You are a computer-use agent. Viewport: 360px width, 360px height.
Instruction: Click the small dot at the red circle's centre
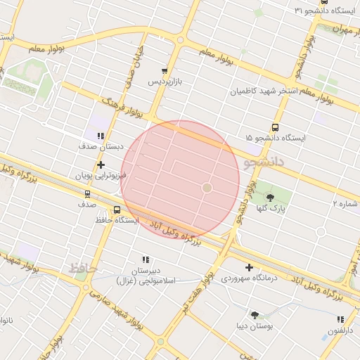[207, 188]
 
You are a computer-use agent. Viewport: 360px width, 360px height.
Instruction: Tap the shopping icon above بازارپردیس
[165, 71]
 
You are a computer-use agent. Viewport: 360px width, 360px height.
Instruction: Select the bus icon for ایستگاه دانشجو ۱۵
[274, 128]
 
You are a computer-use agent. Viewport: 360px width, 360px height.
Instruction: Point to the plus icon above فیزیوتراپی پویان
[101, 164]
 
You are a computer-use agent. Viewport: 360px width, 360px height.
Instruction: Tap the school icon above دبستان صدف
[101, 136]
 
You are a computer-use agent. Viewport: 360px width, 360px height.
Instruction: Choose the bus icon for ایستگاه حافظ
[117, 210]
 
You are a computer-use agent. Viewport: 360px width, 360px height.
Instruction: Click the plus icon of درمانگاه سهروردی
[250, 267]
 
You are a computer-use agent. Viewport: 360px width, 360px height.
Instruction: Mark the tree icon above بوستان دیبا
[254, 316]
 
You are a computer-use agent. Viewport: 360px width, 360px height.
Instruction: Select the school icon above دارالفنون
[340, 319]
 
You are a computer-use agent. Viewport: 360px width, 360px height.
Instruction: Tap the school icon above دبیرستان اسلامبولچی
[146, 260]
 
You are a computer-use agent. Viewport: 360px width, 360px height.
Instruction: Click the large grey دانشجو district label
[263, 162]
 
